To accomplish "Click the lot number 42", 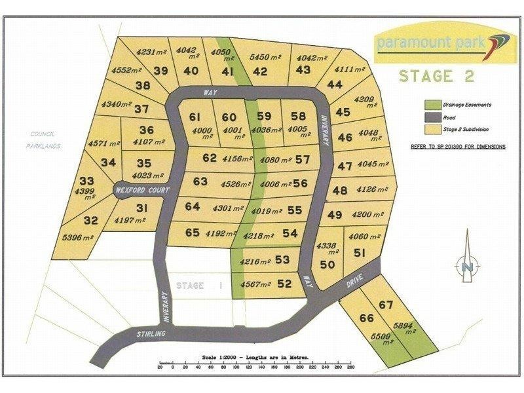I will (260, 72).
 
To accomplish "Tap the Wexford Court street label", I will (143, 190).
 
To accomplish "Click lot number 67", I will (386, 304).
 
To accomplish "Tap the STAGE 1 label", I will (200, 286).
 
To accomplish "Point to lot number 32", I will (91, 220).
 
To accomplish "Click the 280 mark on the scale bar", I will (349, 368).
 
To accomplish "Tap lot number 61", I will (195, 117).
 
